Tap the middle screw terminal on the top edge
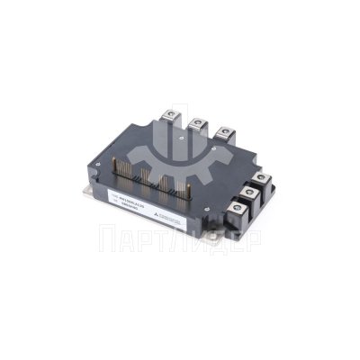point(195,123)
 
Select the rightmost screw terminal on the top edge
point(222,130)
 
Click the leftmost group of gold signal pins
point(127,161)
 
